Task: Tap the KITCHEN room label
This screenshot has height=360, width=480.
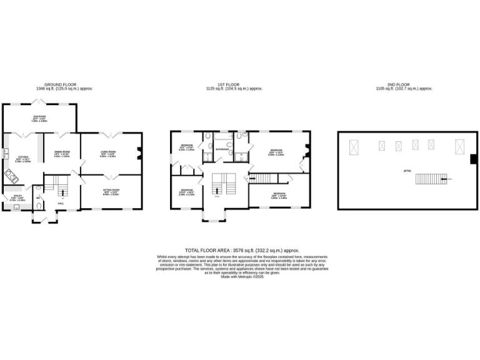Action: coord(24,157)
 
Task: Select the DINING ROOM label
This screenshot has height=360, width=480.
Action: coord(61,152)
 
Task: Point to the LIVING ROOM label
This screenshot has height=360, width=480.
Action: coord(108,152)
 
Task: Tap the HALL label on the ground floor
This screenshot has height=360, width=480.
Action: coord(61,203)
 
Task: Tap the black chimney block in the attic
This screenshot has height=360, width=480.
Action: coord(473,160)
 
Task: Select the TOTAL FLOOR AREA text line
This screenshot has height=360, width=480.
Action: coord(239,249)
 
